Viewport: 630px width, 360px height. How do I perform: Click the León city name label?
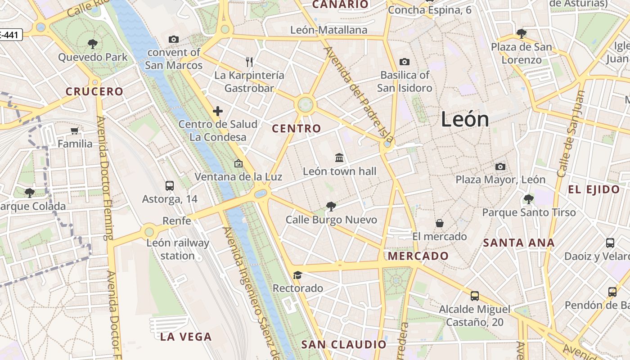click(x=465, y=119)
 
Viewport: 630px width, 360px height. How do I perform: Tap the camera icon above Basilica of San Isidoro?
click(x=405, y=62)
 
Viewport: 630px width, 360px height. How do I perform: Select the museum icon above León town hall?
click(x=339, y=157)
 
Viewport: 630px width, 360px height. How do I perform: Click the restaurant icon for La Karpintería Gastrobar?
click(x=250, y=62)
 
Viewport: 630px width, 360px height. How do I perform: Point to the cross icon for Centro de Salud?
click(x=218, y=111)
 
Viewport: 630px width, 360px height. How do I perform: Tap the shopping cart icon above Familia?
click(x=75, y=131)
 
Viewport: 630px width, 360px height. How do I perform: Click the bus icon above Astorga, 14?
click(x=170, y=185)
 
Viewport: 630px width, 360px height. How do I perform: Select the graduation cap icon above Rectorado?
click(x=297, y=275)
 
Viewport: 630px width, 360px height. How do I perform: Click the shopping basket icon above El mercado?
click(x=440, y=223)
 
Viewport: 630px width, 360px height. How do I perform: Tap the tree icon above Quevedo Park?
click(x=93, y=44)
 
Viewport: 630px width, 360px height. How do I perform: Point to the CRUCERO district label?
click(x=94, y=91)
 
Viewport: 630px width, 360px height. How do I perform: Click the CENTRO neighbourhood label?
click(x=297, y=129)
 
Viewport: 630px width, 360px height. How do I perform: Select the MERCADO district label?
click(x=418, y=256)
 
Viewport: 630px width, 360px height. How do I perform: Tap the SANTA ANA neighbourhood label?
click(x=518, y=243)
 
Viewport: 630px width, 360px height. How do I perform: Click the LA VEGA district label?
click(x=186, y=337)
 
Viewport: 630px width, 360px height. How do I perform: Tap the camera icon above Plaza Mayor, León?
click(x=500, y=167)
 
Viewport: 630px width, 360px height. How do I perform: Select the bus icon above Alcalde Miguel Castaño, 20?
click(x=475, y=296)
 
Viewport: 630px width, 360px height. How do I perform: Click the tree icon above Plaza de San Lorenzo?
click(x=522, y=33)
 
